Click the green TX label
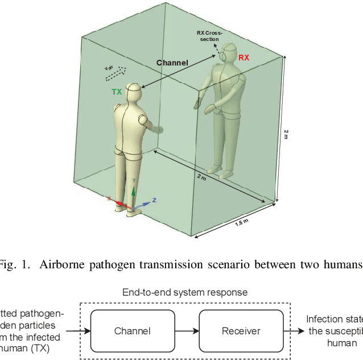point(116,91)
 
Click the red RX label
point(244,58)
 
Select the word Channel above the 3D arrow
point(172,63)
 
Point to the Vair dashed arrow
point(115,71)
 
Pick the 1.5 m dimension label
point(242,223)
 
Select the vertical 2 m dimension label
point(286,134)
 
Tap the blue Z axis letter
point(154,201)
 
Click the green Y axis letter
point(134,180)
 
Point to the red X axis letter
point(109,198)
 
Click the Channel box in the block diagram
point(132,331)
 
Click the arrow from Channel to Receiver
point(188,331)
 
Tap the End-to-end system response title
point(185,292)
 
